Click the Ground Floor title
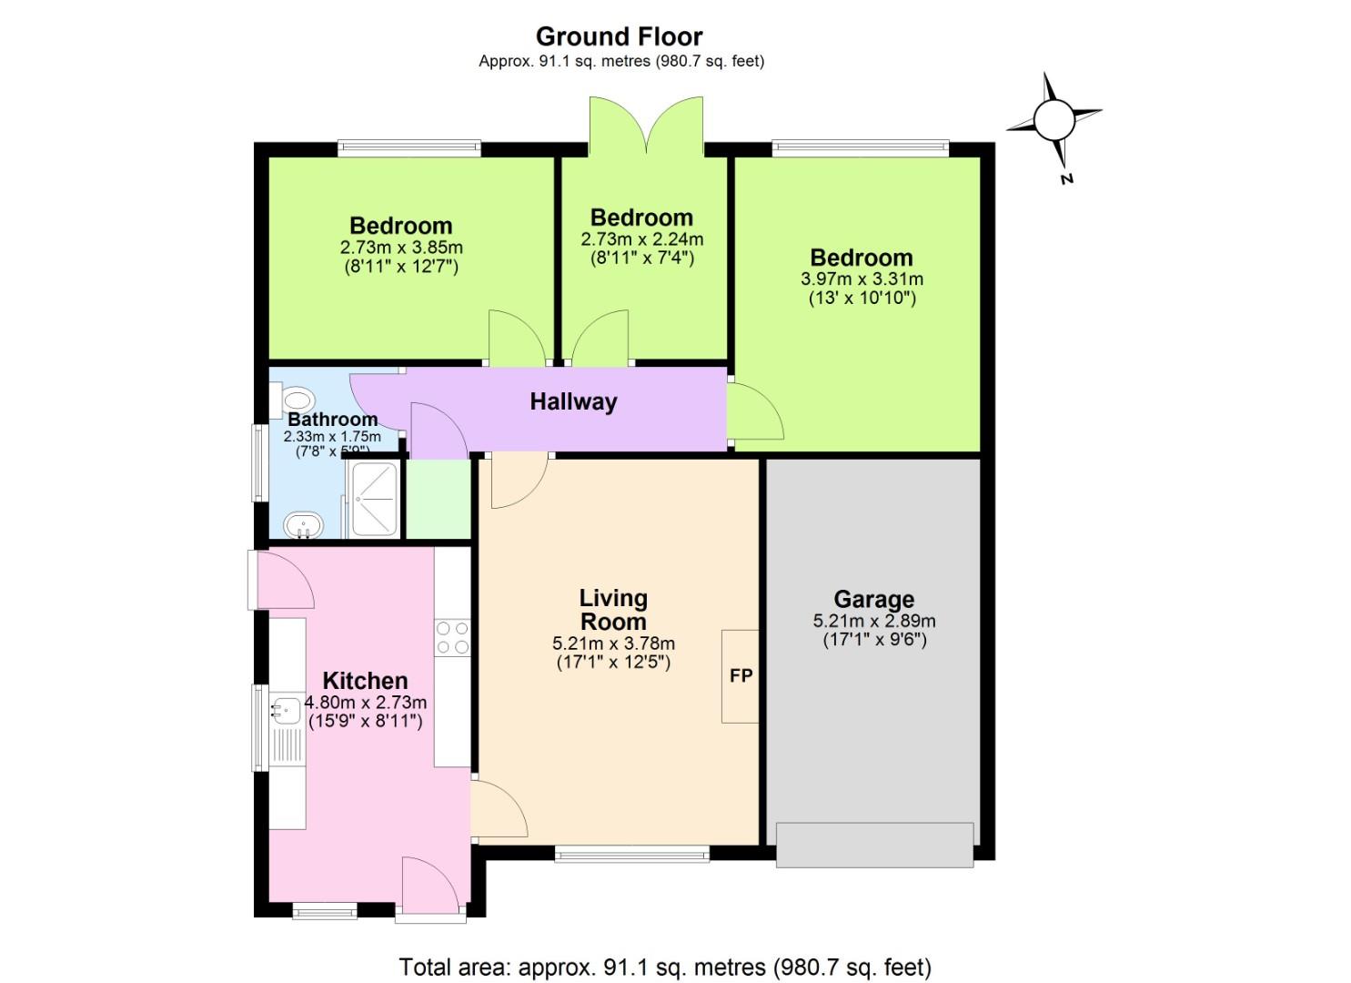[x=619, y=36]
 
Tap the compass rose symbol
[x=1054, y=119]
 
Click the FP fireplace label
[x=741, y=675]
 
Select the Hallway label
[x=573, y=401]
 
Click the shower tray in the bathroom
[x=374, y=499]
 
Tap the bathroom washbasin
[x=303, y=525]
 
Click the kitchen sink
[x=286, y=709]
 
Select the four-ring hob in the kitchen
[x=452, y=637]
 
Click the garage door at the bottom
[x=874, y=845]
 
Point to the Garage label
[x=873, y=599]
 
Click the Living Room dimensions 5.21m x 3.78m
[x=613, y=643]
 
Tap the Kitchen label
[x=365, y=680]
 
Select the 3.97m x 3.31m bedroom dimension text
[x=861, y=279]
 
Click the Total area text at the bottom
[x=665, y=966]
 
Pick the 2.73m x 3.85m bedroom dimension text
[x=401, y=247]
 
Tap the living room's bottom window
[x=631, y=853]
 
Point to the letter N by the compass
[x=1066, y=178]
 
